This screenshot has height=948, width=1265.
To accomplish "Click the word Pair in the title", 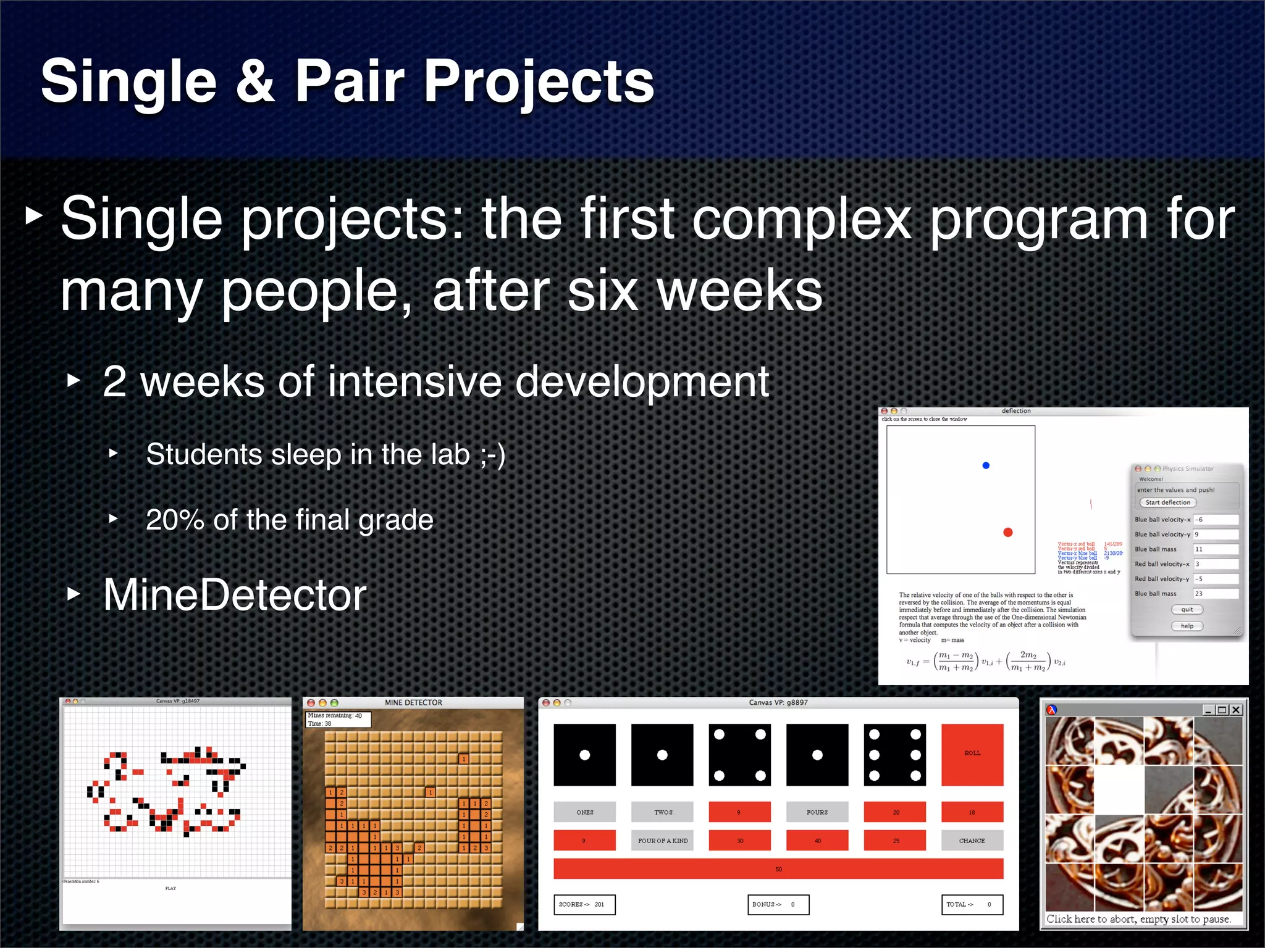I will click(x=350, y=81).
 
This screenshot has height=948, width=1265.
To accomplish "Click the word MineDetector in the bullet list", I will click(x=235, y=595).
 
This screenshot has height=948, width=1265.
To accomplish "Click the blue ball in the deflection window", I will click(x=986, y=465).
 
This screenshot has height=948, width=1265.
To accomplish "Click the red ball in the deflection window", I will click(x=1008, y=532).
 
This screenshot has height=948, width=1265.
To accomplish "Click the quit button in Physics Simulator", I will click(x=1187, y=609).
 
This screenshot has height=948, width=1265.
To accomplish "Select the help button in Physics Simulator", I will click(x=1187, y=626).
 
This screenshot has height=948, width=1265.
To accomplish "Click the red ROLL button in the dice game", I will click(x=972, y=754).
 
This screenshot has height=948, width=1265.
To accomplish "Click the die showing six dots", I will click(x=894, y=754).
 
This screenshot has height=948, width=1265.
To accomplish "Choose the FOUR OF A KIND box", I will click(x=662, y=841).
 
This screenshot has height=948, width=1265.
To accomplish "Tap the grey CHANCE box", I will click(x=972, y=841).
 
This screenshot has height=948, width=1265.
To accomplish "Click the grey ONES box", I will click(x=584, y=812).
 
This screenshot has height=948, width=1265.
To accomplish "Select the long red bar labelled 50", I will click(x=778, y=869).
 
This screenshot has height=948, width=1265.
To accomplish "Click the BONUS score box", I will click(x=778, y=905).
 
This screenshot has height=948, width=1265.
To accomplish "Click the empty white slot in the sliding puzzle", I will click(x=1119, y=789).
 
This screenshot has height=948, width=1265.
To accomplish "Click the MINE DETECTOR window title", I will click(x=413, y=702).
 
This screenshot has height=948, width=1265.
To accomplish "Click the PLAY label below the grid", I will click(x=170, y=889).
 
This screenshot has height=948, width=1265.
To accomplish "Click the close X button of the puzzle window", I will click(x=1236, y=710).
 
